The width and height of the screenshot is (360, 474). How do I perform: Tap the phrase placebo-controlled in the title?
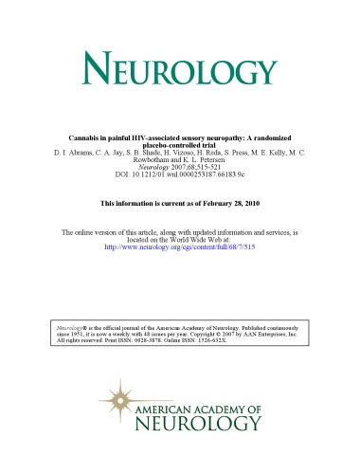[x=168, y=143]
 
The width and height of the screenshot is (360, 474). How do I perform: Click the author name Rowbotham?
[x=151, y=160]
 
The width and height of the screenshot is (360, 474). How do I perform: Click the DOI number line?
[x=180, y=177]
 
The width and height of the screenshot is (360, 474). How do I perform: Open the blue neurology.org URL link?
[x=180, y=239]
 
